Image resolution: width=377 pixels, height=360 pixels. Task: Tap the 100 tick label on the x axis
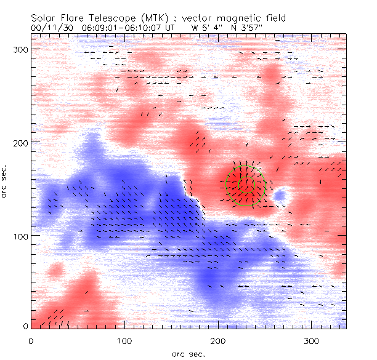coord(125,340)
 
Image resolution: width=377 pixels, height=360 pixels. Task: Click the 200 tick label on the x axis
coord(219,340)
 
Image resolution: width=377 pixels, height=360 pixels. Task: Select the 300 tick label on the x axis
coord(312,340)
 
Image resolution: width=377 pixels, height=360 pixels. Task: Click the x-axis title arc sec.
coord(188,354)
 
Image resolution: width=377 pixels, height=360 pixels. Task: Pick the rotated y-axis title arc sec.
coord(8,181)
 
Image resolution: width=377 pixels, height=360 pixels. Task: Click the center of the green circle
coord(246,184)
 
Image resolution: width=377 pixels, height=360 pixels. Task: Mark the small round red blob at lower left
coord(56,270)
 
